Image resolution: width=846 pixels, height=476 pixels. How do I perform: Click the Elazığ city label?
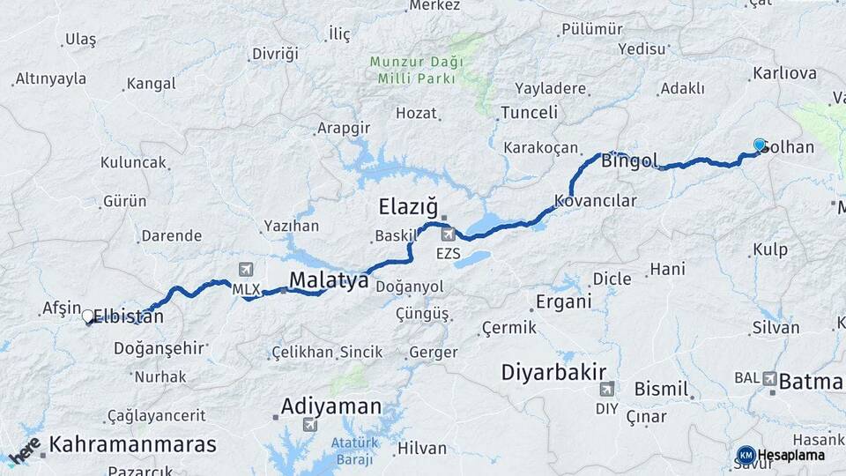pyautogui.click(x=407, y=207)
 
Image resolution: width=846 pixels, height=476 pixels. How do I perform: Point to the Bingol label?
pyautogui.click(x=629, y=161)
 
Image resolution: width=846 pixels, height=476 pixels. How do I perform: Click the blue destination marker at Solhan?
pyautogui.click(x=760, y=145)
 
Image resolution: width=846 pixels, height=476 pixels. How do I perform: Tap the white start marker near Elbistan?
pyautogui.click(x=87, y=316)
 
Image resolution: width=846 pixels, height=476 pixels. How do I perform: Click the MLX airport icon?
pyautogui.click(x=245, y=270)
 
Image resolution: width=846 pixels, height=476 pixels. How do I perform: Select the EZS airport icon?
pyautogui.click(x=449, y=234)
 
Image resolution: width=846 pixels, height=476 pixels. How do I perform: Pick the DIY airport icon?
pyautogui.click(x=606, y=389)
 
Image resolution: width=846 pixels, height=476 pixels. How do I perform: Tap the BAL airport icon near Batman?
pyautogui.click(x=771, y=378)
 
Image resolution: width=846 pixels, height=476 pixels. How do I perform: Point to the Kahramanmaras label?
pyautogui.click(x=132, y=445)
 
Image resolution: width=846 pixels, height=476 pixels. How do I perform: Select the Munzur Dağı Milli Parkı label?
pyautogui.click(x=412, y=70)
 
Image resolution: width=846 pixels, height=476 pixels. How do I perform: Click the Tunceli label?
pyautogui.click(x=529, y=113)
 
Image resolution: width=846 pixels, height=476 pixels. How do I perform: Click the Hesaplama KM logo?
pyautogui.click(x=746, y=455)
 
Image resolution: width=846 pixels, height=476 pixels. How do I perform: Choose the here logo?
pyautogui.click(x=24, y=451)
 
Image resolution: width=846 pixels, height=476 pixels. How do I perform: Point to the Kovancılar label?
pyautogui.click(x=596, y=201)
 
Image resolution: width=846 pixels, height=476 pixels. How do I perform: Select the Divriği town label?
pyautogui.click(x=275, y=54)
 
